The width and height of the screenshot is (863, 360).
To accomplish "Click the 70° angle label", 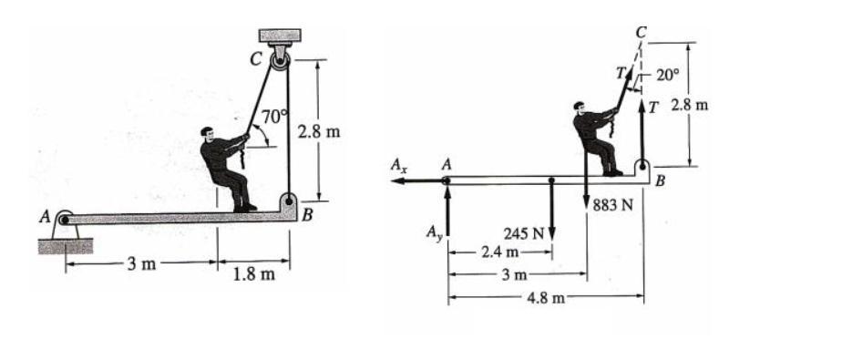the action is click(x=274, y=117).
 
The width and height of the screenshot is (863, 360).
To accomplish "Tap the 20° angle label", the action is click(x=668, y=76).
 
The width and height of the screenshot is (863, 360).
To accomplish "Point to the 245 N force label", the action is click(x=523, y=233).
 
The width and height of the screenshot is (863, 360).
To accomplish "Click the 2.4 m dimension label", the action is click(x=499, y=252).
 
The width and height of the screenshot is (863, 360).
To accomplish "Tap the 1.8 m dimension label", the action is click(x=253, y=273).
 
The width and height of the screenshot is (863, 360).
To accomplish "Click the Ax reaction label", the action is click(x=399, y=165).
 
